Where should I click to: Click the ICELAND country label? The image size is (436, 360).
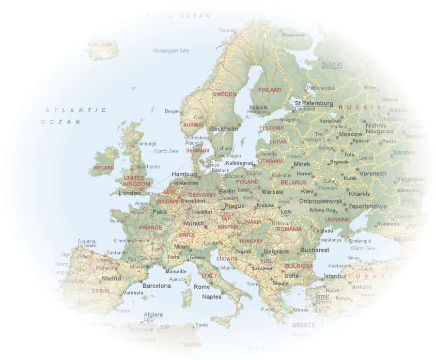101,45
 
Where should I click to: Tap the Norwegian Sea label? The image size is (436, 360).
171,50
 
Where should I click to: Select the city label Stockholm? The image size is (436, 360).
223,129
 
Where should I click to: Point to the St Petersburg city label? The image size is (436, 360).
314,103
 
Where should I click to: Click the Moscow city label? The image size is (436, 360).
350,134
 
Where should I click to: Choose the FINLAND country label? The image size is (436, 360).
270,90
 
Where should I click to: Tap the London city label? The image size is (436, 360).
130,193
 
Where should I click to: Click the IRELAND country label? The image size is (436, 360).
103,168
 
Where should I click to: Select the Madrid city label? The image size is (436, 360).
111,279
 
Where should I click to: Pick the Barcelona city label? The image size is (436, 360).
156,286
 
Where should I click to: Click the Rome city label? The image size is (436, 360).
202,287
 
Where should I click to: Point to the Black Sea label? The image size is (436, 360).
362,248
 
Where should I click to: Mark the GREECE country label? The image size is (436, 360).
303,325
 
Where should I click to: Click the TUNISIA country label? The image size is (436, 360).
191,345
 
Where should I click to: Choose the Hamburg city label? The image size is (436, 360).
185,174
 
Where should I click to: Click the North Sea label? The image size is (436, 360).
166,151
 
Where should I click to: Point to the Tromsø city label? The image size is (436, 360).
226,31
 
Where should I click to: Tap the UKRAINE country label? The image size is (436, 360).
337,219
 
